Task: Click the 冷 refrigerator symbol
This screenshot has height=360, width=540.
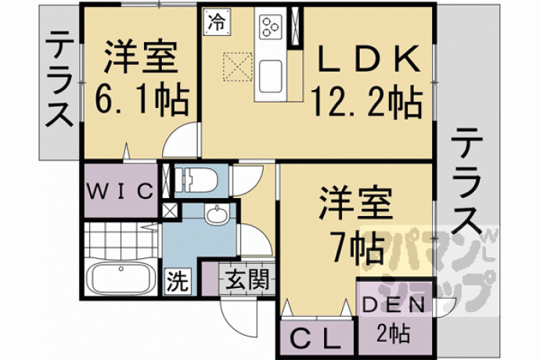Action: click(217, 23)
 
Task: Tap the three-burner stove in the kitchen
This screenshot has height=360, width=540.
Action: click(270, 27)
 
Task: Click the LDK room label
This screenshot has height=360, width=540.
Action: click(369, 59)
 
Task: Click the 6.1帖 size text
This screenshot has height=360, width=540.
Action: click(142, 99)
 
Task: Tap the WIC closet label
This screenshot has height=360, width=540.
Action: click(120, 191)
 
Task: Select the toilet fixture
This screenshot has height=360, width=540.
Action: click(196, 179)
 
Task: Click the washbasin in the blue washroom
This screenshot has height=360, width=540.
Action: click(217, 214)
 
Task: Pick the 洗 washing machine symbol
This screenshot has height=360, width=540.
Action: click(178, 280)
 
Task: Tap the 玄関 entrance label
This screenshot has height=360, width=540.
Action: click(247, 279)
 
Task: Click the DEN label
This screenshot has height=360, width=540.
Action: click(394, 305)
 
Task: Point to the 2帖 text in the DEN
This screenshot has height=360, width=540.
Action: click(394, 333)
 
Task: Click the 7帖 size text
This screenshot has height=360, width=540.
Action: click(357, 247)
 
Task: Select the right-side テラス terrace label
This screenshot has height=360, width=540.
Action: click(466, 181)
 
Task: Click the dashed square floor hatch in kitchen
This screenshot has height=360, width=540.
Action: click(238, 67)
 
